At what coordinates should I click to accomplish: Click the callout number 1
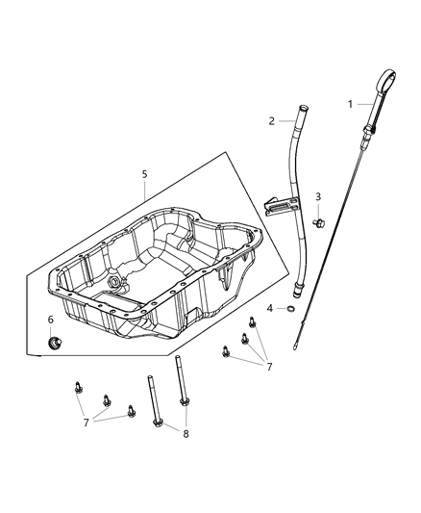[351, 103]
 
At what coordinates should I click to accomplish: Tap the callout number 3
[318, 198]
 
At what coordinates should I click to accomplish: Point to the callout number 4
[270, 308]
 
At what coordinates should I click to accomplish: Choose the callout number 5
[144, 174]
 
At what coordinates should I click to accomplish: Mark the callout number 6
[51, 320]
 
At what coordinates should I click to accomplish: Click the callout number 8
[186, 434]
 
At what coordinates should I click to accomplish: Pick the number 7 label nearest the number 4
[270, 367]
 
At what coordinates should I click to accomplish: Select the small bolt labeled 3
[318, 223]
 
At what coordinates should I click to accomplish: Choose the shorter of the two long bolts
[151, 404]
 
